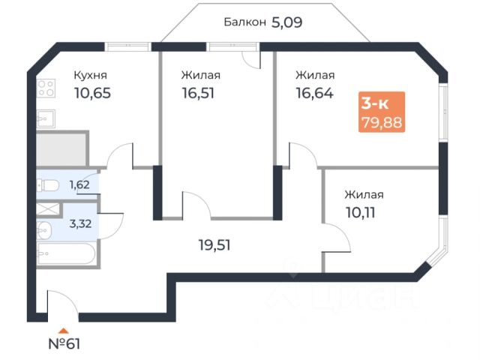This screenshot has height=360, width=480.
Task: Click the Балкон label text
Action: (244, 22)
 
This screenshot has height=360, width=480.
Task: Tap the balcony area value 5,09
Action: (286, 22)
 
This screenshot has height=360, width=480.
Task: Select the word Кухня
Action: (90, 75)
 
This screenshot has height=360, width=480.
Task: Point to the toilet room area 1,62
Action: (79, 184)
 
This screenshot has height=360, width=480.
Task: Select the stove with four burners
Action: (46, 90)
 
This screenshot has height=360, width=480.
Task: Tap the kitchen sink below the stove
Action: (46, 118)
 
